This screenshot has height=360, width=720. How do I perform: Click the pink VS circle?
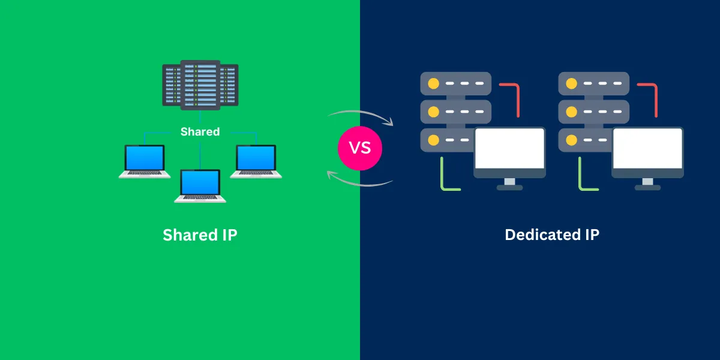point(360,148)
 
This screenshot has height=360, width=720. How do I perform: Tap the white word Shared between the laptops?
point(200,131)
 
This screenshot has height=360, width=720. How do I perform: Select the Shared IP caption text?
point(200,235)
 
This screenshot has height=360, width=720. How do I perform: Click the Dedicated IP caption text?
point(551,235)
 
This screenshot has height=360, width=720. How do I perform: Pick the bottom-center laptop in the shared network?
point(200,186)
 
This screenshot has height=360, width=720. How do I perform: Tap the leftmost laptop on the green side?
point(145,161)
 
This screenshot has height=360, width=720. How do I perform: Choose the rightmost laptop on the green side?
point(256,161)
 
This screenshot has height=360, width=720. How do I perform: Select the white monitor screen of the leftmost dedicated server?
point(509,148)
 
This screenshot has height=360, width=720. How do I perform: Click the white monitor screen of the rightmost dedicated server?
point(647,148)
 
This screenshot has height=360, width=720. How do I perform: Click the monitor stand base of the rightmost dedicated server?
point(647,187)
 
